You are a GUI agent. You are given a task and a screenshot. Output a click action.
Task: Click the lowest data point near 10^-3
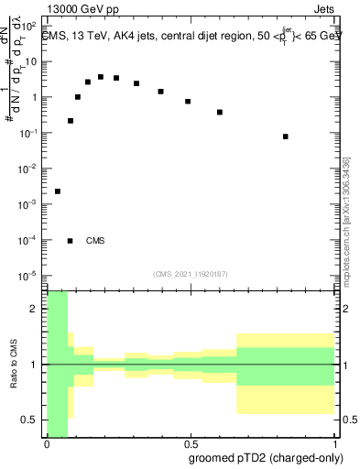58,191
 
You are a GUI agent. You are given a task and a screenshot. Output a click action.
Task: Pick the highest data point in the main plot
101,77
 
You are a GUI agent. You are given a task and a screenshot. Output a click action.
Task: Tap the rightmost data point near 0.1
286,136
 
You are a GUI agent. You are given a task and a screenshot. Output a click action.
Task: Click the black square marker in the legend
71,241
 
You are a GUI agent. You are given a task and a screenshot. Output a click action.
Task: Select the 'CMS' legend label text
95,241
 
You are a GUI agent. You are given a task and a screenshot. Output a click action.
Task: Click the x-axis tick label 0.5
192,443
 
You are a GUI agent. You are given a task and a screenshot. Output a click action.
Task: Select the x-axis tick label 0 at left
47,443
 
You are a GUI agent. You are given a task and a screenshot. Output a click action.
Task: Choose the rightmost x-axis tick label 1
338,443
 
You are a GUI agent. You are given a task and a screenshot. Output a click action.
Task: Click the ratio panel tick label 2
35,310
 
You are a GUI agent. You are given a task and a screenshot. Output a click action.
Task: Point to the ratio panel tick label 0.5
30,420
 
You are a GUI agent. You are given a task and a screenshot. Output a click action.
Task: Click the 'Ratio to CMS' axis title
14,365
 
